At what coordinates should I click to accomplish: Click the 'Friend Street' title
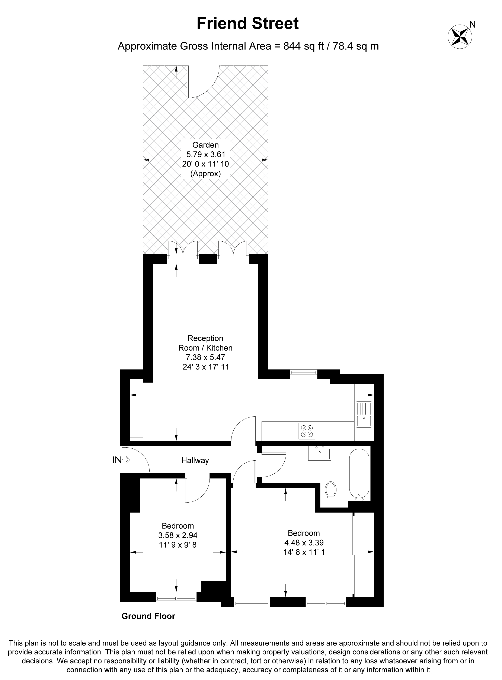point(248,23)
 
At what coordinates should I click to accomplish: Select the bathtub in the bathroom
point(359,474)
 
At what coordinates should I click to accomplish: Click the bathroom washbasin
point(320,453)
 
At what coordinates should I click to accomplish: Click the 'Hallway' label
point(195,460)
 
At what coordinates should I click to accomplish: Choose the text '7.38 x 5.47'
point(205,357)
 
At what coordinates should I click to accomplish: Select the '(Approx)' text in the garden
point(205,174)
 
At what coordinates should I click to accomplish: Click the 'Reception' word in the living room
point(205,338)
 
